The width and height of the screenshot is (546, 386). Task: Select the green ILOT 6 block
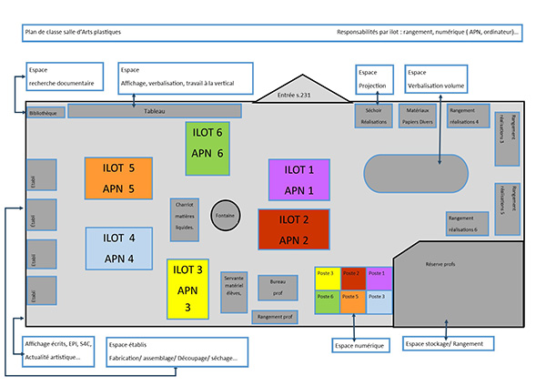(x=207, y=143)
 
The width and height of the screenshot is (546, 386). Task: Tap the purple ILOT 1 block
(x=298, y=179)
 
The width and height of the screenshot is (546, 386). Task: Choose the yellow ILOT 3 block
(x=187, y=289)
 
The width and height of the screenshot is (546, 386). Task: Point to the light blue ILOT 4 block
(x=119, y=247)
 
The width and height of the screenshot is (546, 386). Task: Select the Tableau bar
(x=155, y=111)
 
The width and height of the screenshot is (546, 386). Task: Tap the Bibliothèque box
(x=44, y=112)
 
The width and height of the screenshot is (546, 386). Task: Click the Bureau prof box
(x=278, y=288)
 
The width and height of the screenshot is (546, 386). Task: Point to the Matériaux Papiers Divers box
(x=417, y=116)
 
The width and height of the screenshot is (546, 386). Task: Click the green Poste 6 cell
(x=327, y=301)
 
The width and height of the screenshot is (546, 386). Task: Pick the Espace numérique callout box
(x=360, y=346)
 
